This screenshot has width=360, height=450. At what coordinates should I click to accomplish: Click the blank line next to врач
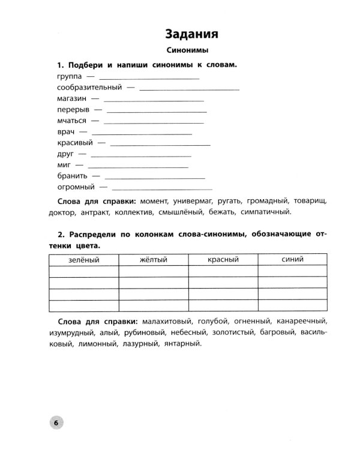142,132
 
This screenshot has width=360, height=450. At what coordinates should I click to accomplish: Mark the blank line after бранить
155,176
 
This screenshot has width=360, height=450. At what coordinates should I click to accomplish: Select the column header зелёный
84,259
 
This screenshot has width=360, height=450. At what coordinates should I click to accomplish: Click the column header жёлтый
154,259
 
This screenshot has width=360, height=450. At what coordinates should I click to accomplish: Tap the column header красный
223,259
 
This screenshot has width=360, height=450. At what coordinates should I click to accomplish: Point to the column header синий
292,259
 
